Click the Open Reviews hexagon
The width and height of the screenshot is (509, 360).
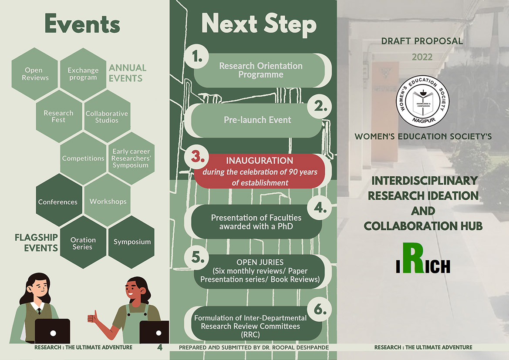point(34,74)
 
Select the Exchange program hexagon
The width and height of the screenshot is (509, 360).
point(83,74)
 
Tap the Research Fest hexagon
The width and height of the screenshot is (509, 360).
point(59,116)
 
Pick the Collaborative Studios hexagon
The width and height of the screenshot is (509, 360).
point(107,116)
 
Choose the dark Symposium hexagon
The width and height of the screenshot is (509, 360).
point(131,242)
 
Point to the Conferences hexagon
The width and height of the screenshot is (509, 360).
point(59,200)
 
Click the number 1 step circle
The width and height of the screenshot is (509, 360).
point(196,57)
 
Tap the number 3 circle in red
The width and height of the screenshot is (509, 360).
point(196,157)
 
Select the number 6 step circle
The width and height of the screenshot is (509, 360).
point(320,310)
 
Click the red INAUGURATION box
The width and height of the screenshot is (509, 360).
point(260,171)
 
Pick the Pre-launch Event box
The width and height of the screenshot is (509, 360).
point(256,120)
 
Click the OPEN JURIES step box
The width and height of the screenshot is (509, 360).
point(260,271)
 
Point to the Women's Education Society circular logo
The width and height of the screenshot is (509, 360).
point(423,101)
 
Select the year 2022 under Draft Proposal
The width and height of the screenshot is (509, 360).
point(422,57)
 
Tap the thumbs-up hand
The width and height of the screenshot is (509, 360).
point(93,317)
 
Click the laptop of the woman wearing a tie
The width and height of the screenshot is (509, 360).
point(53,331)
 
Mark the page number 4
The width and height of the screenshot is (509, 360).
point(160,347)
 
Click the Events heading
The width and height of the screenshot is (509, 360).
point(82,24)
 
